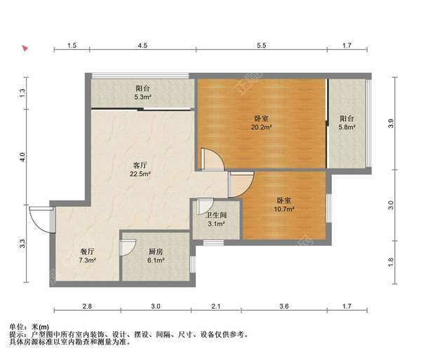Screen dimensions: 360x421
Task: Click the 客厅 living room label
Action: coord(140,165)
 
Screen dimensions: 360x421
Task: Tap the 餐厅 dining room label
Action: coord(87,251)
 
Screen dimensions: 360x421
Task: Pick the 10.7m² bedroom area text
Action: coord(284,208)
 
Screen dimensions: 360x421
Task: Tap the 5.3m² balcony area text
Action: coord(143,98)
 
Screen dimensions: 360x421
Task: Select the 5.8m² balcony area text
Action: coord(347,128)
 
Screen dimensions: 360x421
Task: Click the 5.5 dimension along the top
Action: coord(261,46)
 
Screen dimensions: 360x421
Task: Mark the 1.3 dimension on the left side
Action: coord(23,91)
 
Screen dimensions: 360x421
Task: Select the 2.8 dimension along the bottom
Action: coord(87,307)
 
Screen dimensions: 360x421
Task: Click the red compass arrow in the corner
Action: coord(25,49)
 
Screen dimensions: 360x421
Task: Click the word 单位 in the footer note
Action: coord(16,326)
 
